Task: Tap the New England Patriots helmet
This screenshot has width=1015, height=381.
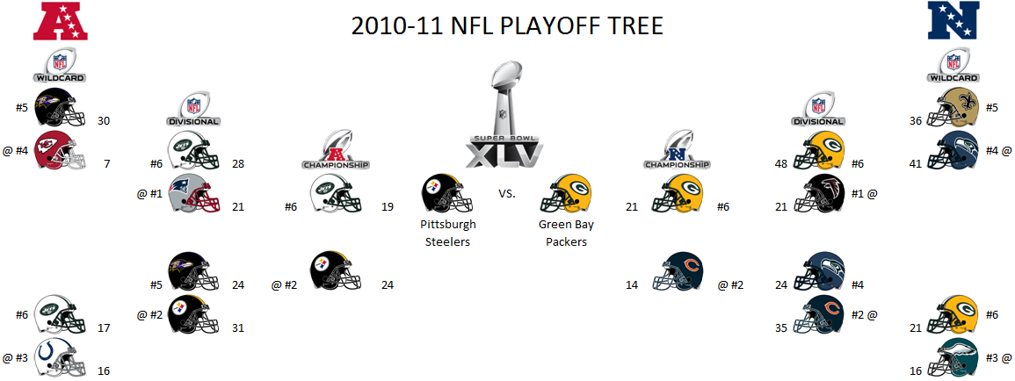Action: tap(193, 193)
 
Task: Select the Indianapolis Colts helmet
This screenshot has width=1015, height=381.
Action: tap(60, 357)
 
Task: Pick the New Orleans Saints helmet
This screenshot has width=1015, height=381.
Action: tap(953, 107)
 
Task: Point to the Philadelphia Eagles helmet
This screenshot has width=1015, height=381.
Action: tap(953, 357)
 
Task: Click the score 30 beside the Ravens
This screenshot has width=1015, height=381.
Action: tap(105, 120)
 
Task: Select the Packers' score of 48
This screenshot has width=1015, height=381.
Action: tap(781, 163)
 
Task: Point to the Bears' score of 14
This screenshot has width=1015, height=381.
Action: tap(632, 284)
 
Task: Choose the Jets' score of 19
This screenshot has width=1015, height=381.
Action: tap(387, 207)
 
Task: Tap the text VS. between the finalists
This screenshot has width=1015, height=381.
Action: tap(507, 193)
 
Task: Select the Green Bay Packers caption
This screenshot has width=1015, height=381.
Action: tap(567, 234)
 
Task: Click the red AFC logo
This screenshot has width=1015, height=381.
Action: tap(61, 21)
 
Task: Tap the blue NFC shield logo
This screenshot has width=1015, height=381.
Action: tap(953, 21)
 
